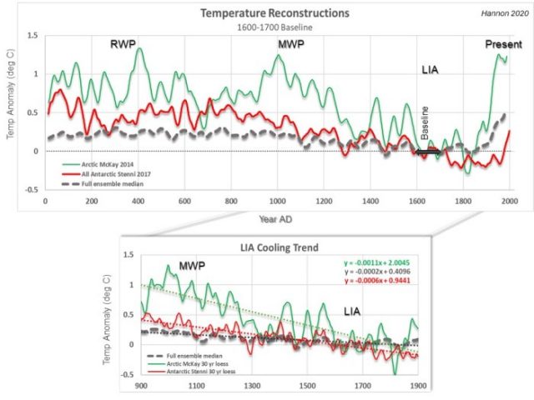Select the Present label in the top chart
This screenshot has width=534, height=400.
(x=503, y=43)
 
